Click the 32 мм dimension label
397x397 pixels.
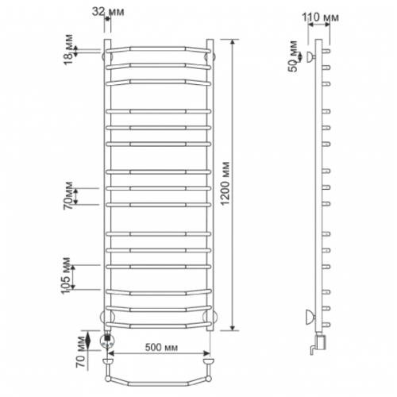pos(108,12)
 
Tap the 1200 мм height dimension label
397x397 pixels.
pos(225,183)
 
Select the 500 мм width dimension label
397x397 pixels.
pos(161,347)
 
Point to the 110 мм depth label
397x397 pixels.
pos(320,17)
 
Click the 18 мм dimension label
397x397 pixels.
pos(68,49)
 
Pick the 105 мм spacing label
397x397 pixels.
pos(66,276)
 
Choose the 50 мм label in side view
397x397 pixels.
pos(293,56)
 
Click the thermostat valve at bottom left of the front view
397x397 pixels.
pos(107,341)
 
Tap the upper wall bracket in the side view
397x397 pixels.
pos(310,56)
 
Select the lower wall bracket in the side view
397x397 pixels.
pos(310,317)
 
